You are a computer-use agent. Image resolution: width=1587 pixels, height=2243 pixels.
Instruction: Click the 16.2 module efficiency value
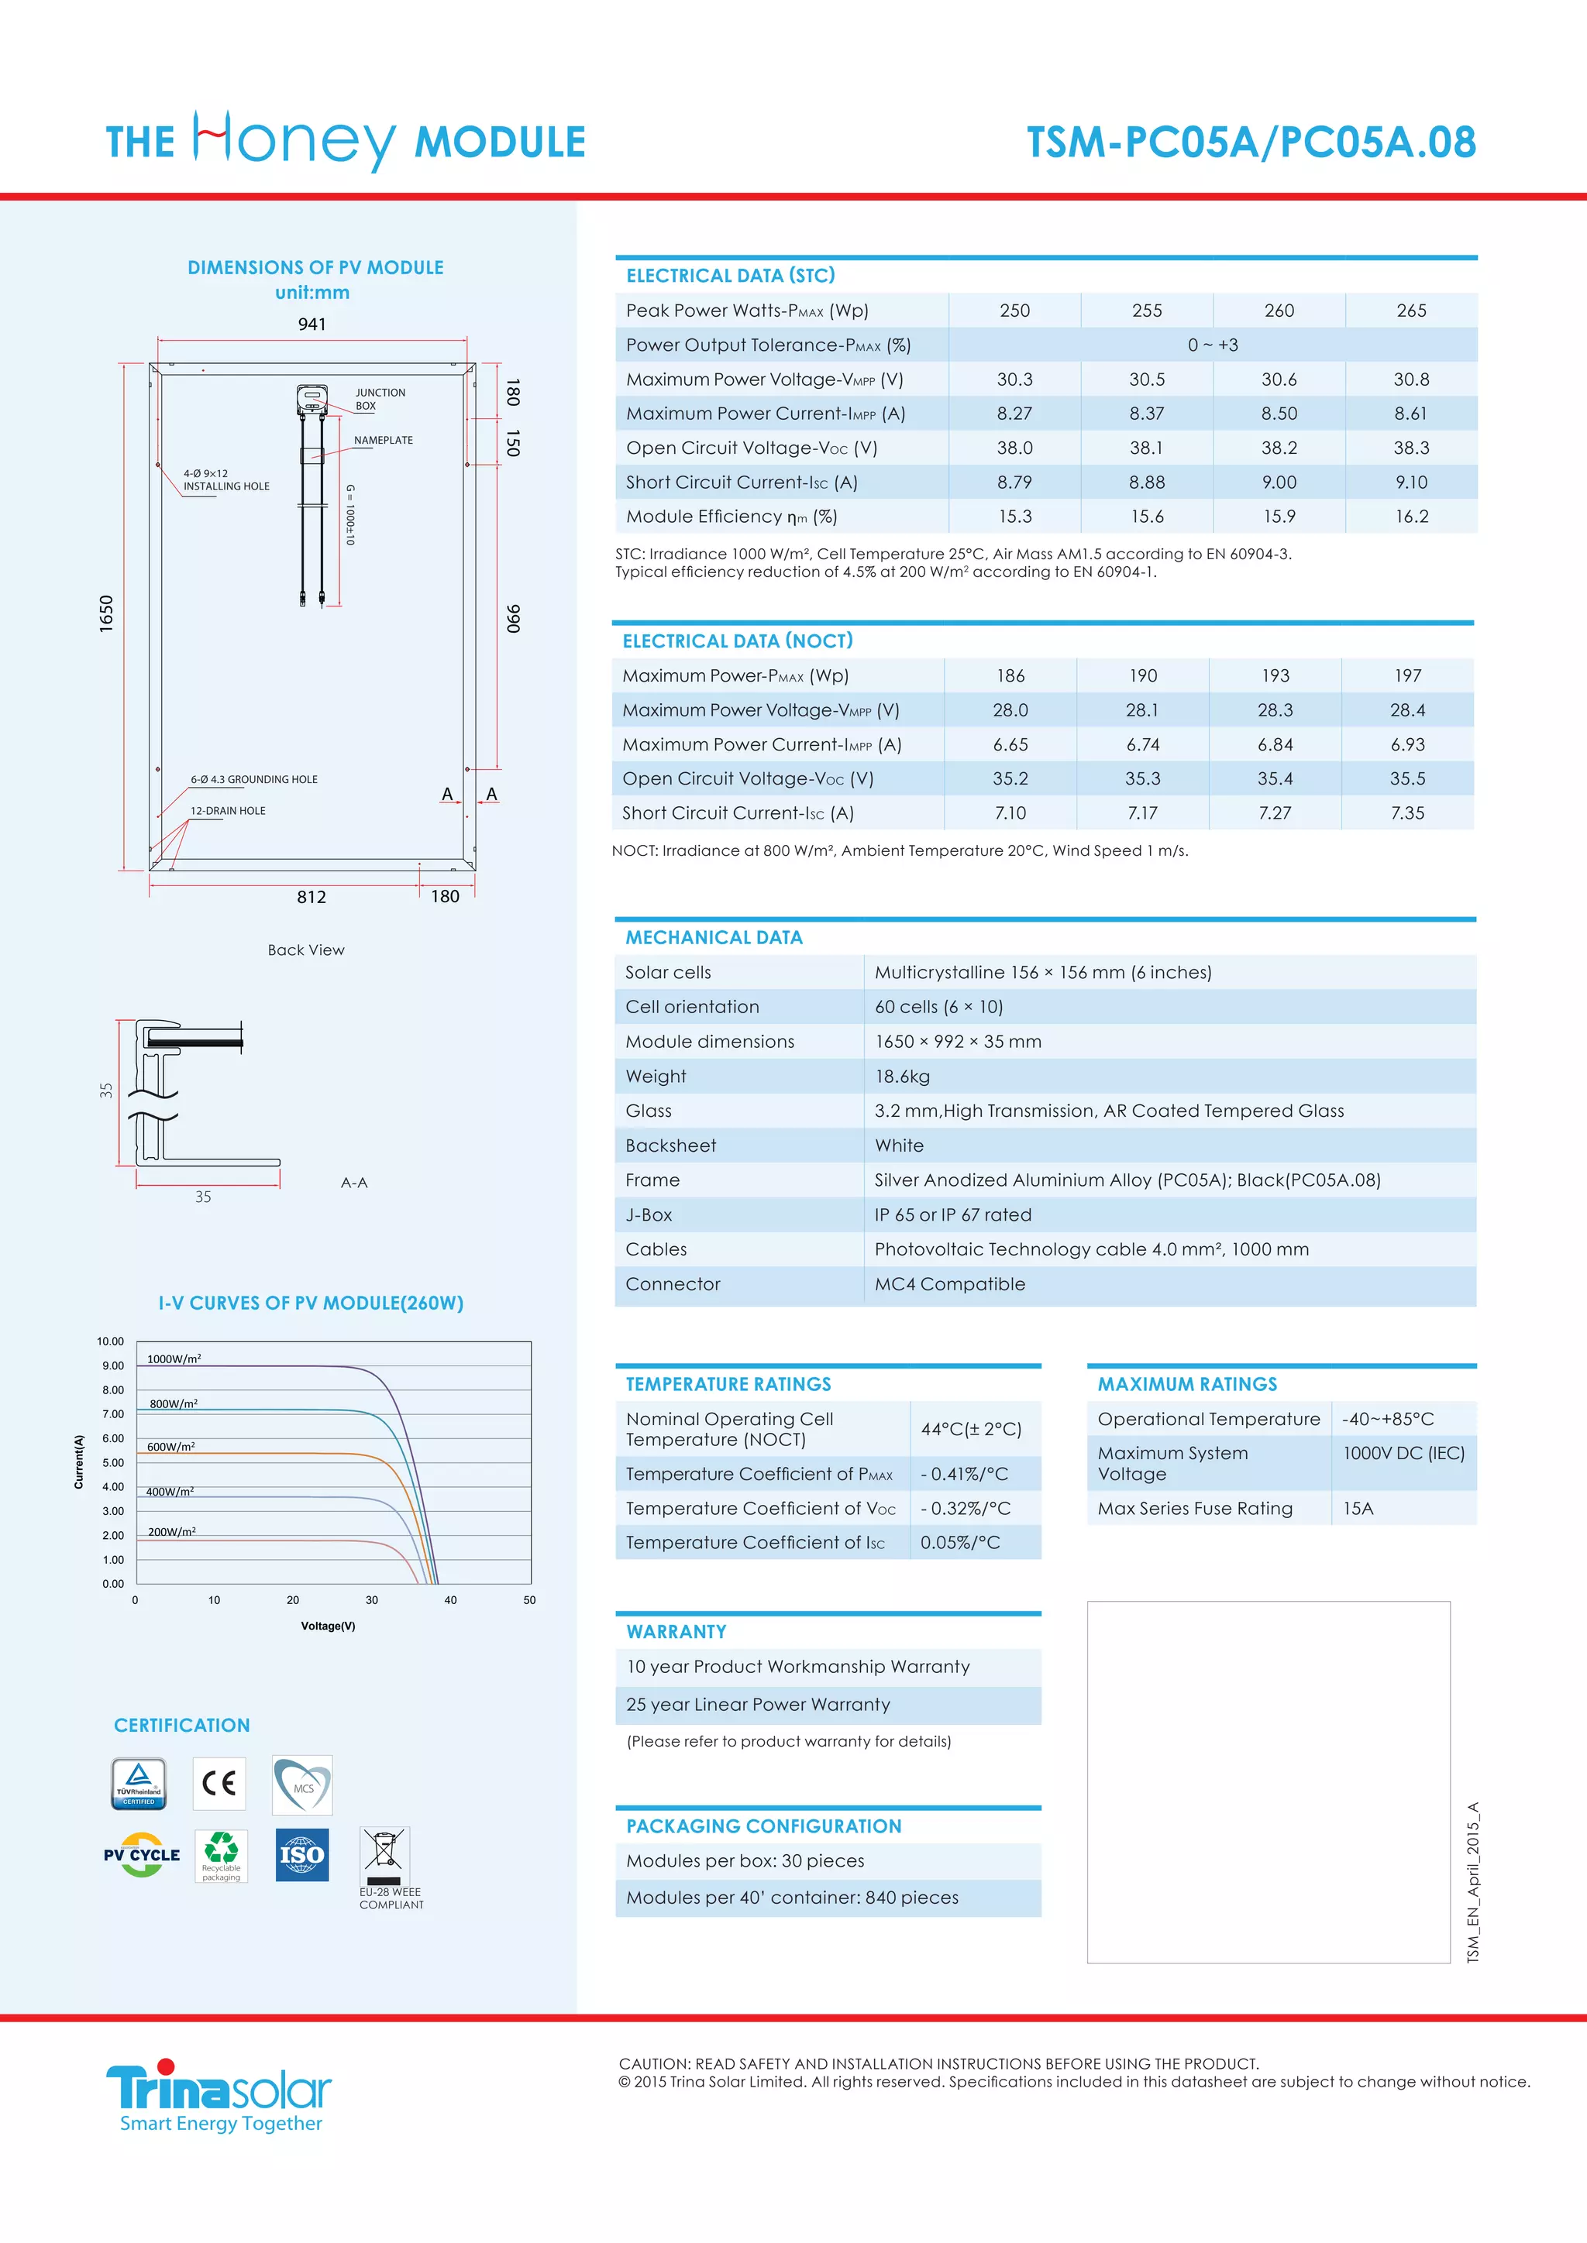tap(1411, 517)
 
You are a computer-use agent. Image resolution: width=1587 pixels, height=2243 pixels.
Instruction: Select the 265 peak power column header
tap(1411, 311)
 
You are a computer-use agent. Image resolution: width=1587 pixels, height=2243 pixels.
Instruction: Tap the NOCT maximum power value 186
tap(1010, 676)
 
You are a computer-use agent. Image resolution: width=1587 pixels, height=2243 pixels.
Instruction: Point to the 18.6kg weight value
tap(902, 1077)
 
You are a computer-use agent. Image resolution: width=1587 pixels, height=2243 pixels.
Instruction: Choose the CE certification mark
tap(219, 1784)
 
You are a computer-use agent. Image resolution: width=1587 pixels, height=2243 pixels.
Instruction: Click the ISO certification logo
tap(302, 1855)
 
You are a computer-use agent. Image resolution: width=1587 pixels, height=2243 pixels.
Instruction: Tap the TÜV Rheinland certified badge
tap(139, 1784)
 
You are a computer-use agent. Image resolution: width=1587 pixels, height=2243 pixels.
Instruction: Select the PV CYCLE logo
tap(143, 1855)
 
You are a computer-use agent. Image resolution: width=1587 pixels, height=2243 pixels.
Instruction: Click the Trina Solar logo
tap(219, 2090)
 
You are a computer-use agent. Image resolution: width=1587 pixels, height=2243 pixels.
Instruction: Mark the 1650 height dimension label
tap(106, 613)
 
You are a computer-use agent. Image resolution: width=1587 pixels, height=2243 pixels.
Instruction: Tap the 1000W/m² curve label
tap(174, 1359)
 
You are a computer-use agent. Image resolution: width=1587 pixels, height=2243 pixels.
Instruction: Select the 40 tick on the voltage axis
tap(450, 1600)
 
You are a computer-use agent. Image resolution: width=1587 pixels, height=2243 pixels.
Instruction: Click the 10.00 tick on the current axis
tap(111, 1341)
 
